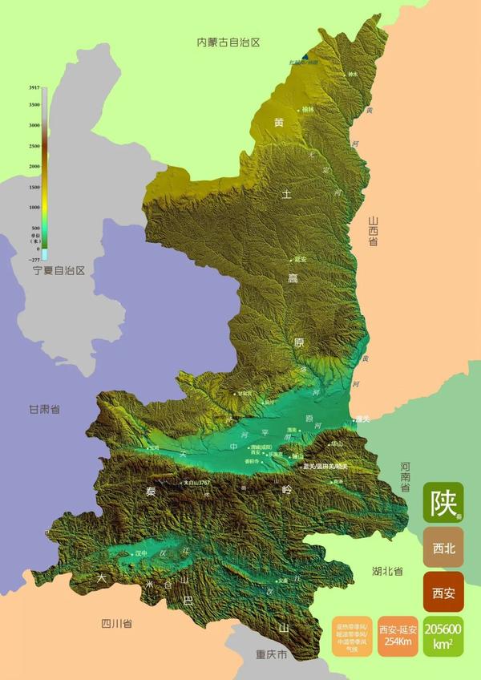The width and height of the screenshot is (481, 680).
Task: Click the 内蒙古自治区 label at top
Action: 229,42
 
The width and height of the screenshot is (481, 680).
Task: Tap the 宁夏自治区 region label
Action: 59,271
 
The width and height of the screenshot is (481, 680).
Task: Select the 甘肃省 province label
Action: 45,409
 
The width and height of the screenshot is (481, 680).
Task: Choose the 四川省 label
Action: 116,623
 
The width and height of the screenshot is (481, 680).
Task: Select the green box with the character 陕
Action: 443,502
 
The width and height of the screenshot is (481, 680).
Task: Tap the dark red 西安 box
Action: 443,593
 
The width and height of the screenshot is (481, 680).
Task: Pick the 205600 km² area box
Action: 443,637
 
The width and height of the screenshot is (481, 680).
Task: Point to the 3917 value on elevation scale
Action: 34,87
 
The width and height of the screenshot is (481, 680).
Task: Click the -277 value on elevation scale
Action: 33,260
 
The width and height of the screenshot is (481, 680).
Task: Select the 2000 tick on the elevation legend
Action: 34,166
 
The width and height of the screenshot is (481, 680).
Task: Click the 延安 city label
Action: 301,259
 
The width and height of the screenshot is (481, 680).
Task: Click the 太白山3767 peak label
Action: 196,483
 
